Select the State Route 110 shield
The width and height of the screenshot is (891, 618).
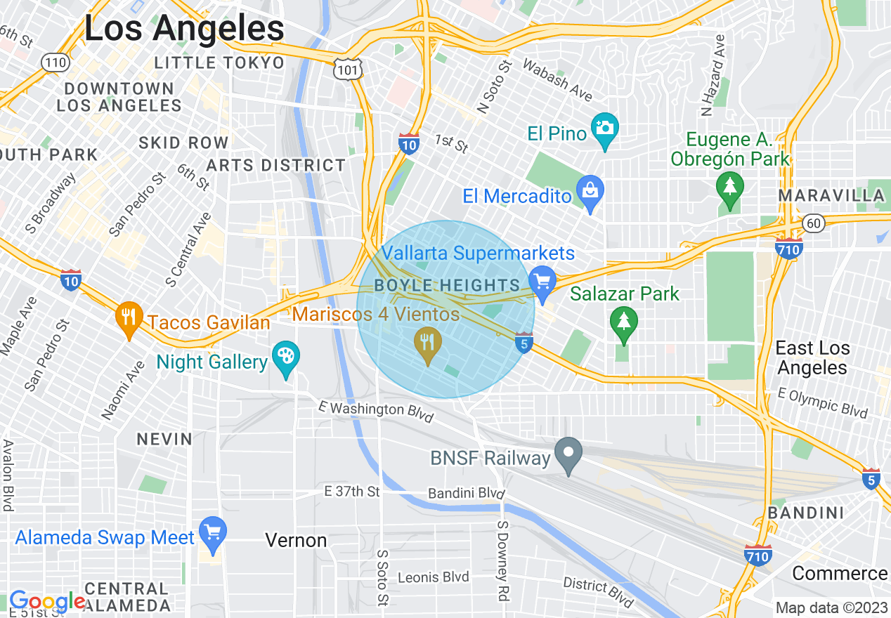pyautogui.click(x=54, y=63)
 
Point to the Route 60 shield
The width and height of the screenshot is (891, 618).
pyautogui.click(x=814, y=223)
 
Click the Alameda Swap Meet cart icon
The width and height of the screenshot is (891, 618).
pyautogui.click(x=212, y=534)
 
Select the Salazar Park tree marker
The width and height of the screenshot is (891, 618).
pyautogui.click(x=623, y=324)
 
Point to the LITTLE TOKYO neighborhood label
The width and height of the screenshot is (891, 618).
pyautogui.click(x=219, y=63)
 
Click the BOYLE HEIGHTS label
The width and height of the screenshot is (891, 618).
pyautogui.click(x=447, y=285)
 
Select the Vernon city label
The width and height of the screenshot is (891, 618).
pyautogui.click(x=296, y=540)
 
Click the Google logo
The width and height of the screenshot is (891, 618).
pyautogui.click(x=47, y=601)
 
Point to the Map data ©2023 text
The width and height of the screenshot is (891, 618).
pyautogui.click(x=831, y=607)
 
